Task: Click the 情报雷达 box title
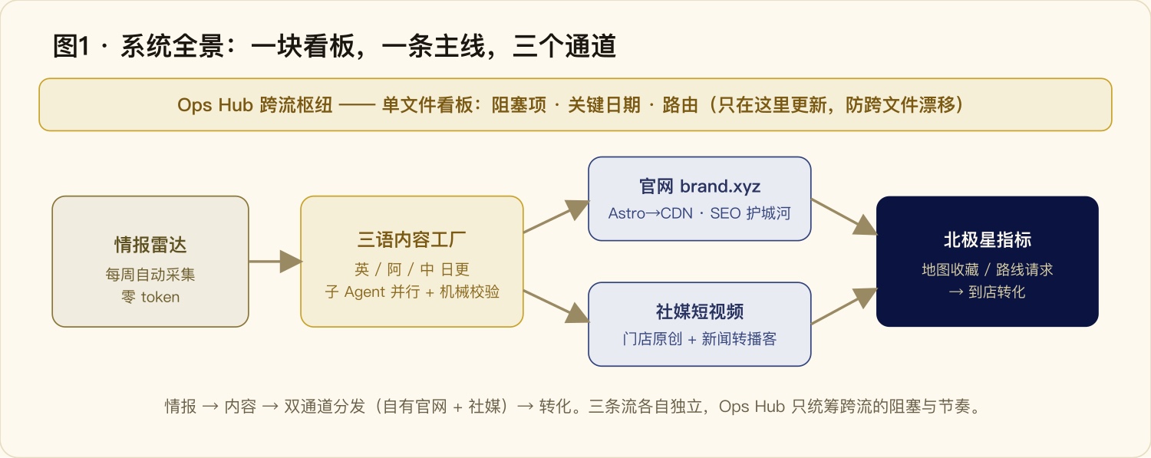pyautogui.click(x=150, y=245)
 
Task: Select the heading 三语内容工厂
pyautogui.click(x=411, y=240)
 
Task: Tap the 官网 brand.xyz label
pyautogui.click(x=699, y=186)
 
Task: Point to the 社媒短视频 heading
pyautogui.click(x=699, y=311)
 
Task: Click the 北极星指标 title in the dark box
pyautogui.click(x=987, y=240)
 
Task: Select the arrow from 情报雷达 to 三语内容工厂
pyautogui.click(x=275, y=262)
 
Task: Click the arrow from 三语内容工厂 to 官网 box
pyautogui.click(x=556, y=216)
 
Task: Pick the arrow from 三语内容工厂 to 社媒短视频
pyautogui.click(x=556, y=307)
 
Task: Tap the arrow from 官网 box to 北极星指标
pyautogui.click(x=844, y=216)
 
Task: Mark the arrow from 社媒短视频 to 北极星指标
pyautogui.click(x=844, y=306)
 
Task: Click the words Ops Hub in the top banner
pyautogui.click(x=215, y=105)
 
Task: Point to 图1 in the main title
pyautogui.click(x=71, y=46)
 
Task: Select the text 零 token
pyautogui.click(x=150, y=297)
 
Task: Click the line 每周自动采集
pyautogui.click(x=150, y=274)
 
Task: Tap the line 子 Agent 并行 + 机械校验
pyautogui.click(x=412, y=292)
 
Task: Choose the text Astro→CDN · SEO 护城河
pyautogui.click(x=699, y=213)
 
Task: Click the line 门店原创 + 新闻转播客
pyautogui.click(x=699, y=338)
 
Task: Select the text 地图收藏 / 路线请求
pyautogui.click(x=987, y=269)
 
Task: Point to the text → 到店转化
pyautogui.click(x=987, y=292)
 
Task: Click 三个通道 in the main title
pyautogui.click(x=564, y=46)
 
